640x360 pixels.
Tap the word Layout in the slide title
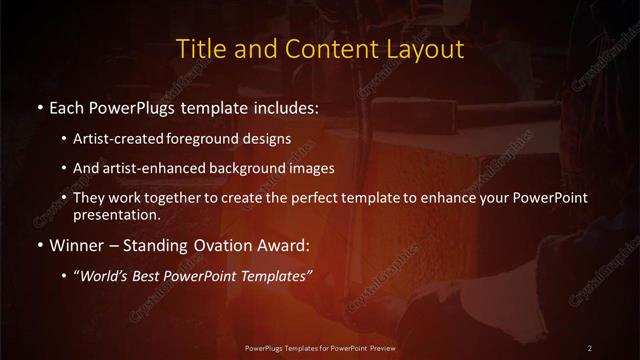coord(424,49)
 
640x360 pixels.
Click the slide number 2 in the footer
coord(590,347)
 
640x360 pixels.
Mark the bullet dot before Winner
coord(38,246)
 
